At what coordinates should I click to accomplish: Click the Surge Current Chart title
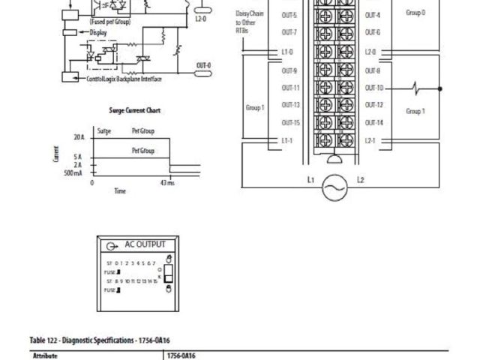tap(135, 111)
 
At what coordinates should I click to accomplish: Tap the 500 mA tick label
tap(74, 173)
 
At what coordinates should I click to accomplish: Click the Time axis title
tap(119, 191)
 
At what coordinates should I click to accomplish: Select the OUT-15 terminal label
tap(290, 122)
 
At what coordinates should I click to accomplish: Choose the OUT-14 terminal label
tap(373, 122)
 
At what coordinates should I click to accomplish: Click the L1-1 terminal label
tap(287, 140)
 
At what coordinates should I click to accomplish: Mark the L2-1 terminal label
tap(370, 140)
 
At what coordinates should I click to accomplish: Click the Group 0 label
tap(415, 13)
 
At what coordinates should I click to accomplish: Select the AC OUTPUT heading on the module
tap(144, 244)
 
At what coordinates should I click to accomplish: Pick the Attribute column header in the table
tap(45, 356)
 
